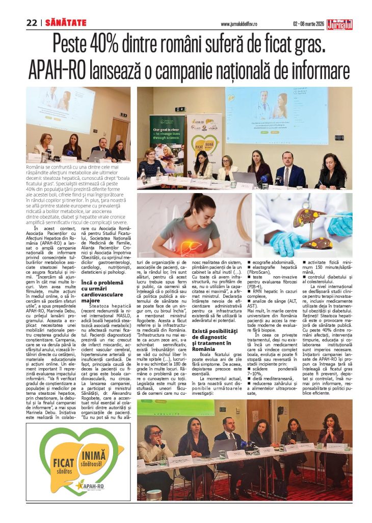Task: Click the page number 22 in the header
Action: [x=32, y=22]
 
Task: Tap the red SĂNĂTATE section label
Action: [x=66, y=22]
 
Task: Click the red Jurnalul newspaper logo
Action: [x=340, y=23]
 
